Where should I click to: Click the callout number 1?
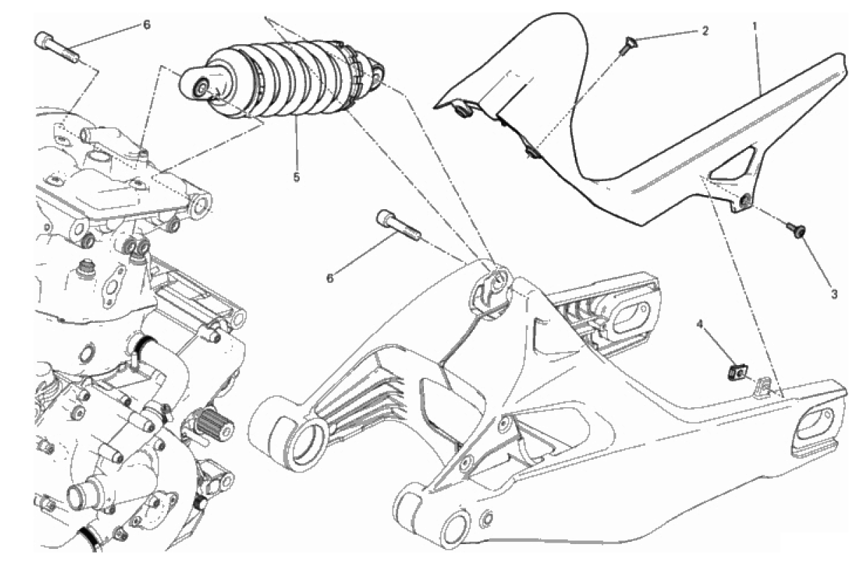click(755, 26)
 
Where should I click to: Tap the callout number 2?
click(705, 31)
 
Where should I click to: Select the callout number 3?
click(834, 295)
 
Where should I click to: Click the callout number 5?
click(296, 177)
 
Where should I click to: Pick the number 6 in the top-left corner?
click(147, 25)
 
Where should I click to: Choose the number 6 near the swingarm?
click(330, 279)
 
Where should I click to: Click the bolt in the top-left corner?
click(57, 46)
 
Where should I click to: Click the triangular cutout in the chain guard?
click(733, 163)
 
